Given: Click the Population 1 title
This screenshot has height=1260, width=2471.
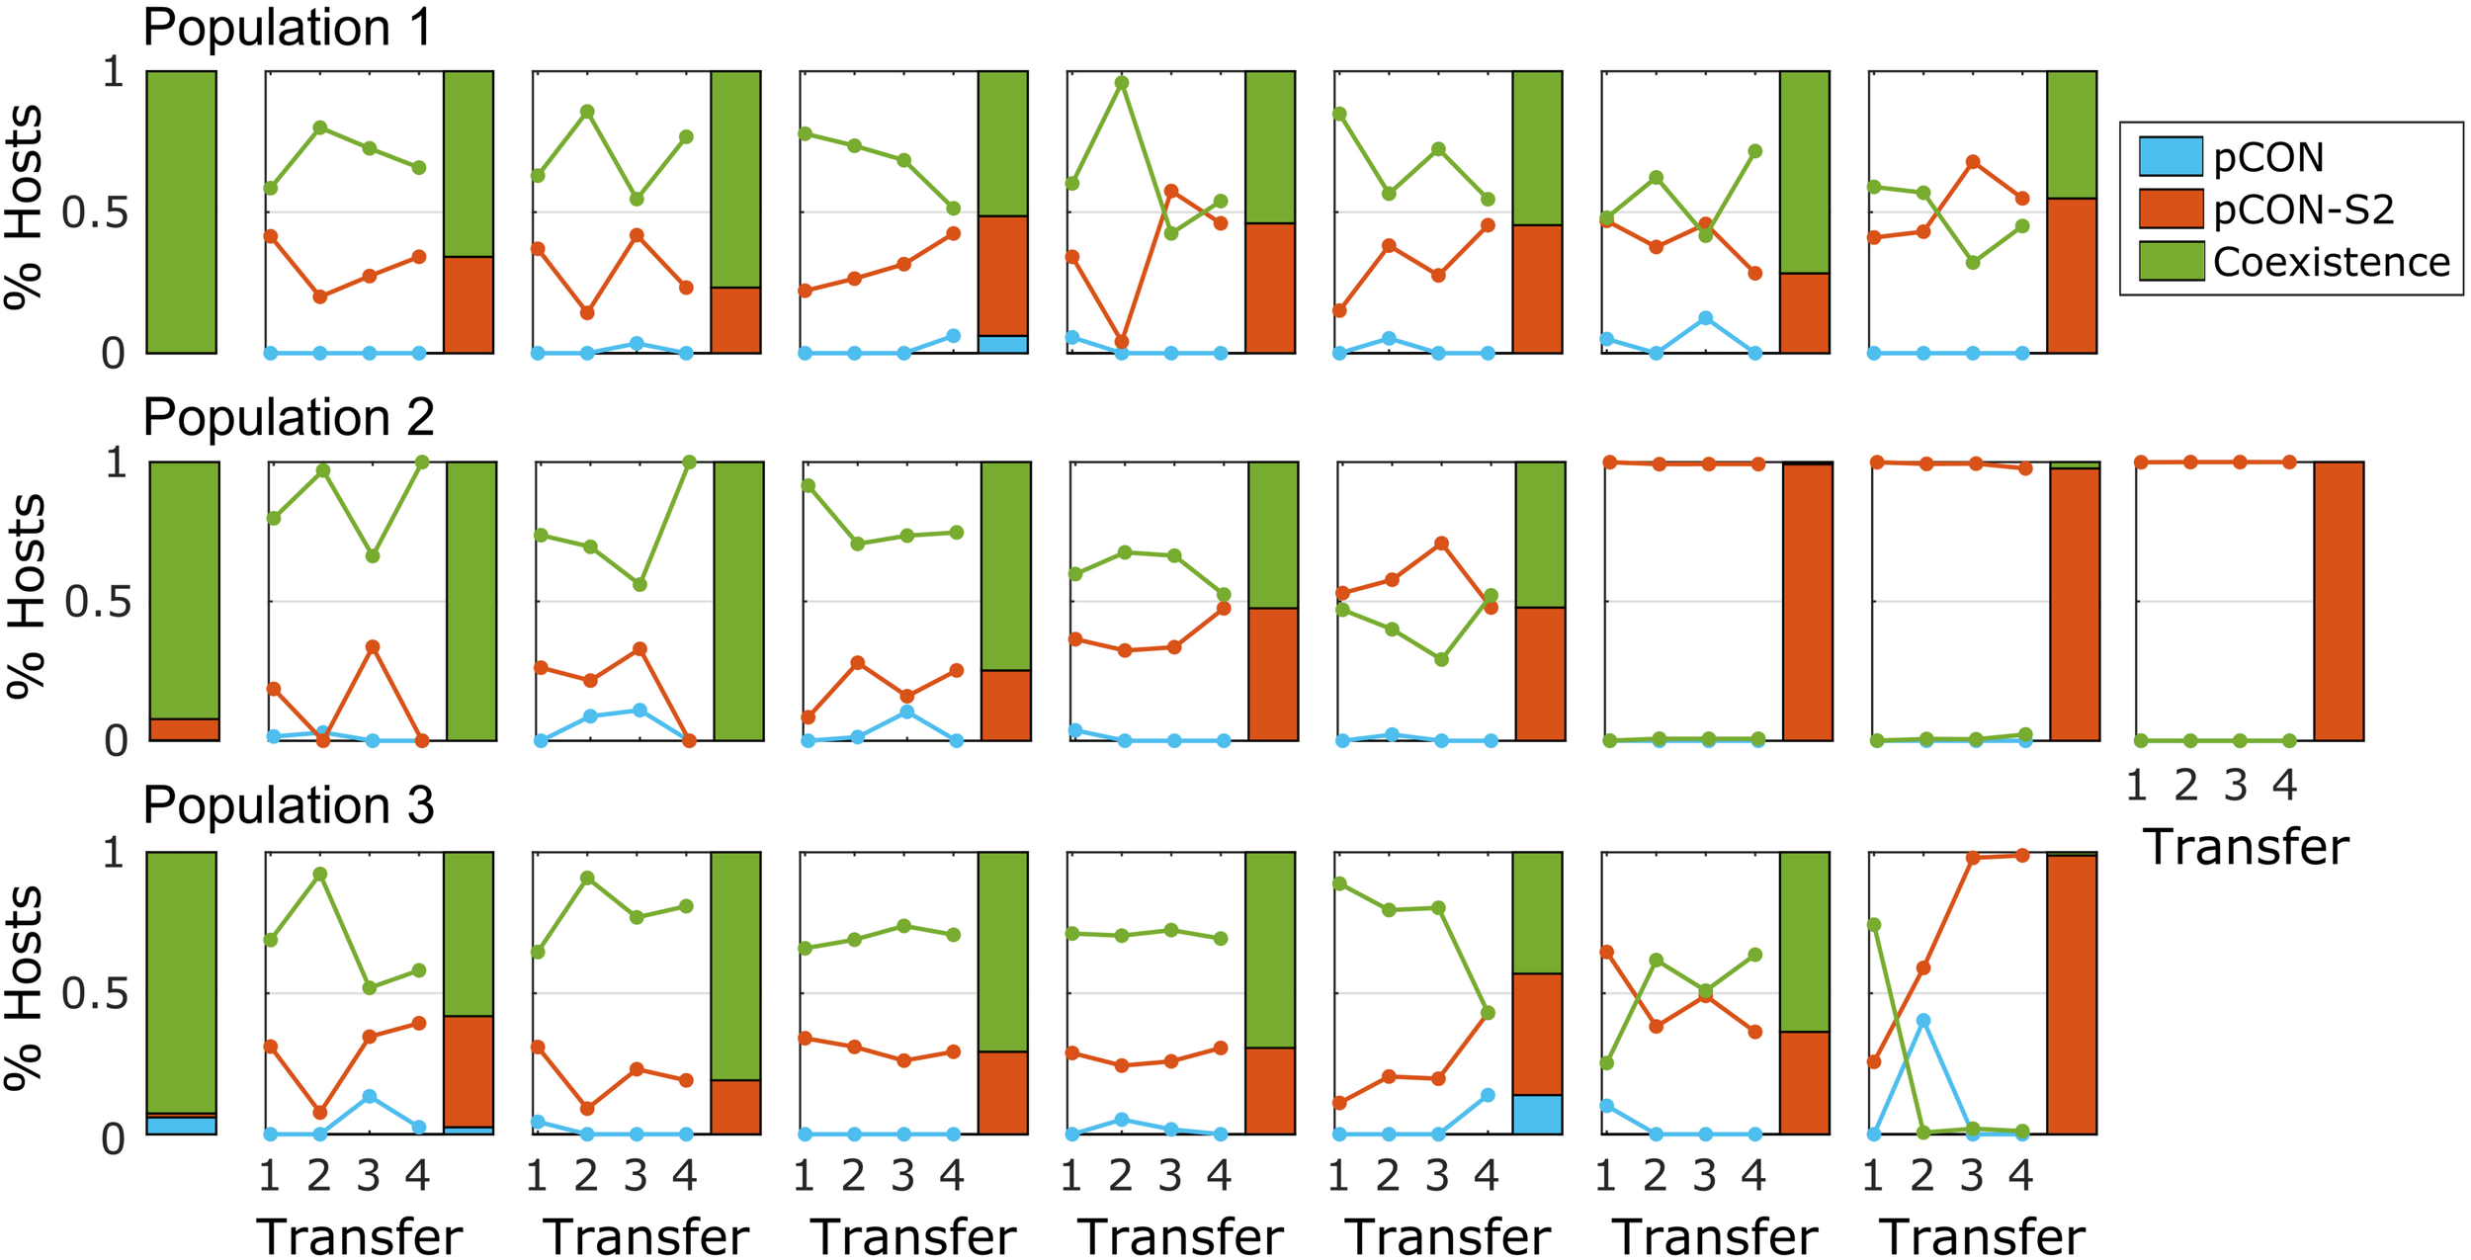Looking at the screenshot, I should tap(288, 28).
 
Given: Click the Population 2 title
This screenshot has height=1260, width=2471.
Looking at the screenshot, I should tap(288, 417).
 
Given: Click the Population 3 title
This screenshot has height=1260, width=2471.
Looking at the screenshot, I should tap(288, 805).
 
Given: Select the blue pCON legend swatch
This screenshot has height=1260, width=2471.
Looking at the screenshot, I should tap(2171, 157).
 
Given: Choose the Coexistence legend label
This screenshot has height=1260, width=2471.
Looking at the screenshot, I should tap(2331, 262).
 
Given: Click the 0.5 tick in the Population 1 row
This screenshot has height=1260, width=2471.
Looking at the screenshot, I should tap(95, 211).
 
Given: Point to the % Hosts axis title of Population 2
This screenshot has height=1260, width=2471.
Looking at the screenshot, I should tap(27, 598).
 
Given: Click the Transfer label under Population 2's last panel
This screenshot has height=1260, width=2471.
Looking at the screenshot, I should tap(2246, 847).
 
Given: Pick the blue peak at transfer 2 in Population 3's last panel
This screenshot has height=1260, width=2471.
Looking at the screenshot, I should tap(1923, 1020).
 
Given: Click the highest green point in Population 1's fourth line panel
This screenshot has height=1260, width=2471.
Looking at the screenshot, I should tap(1121, 82).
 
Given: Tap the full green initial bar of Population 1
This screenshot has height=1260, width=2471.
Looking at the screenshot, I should tap(182, 211).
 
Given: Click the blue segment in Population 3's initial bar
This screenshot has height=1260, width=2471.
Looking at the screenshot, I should tap(182, 1125).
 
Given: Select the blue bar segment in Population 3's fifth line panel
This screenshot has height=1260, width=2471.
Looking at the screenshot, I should tap(1537, 1114).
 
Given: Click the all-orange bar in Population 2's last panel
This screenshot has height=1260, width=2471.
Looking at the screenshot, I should tap(2339, 601).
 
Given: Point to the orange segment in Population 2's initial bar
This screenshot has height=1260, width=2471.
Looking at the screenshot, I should tap(184, 729).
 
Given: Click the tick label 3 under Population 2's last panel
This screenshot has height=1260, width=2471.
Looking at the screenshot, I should tap(2236, 787).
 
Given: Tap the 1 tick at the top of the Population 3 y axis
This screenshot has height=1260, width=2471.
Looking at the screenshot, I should tap(115, 852).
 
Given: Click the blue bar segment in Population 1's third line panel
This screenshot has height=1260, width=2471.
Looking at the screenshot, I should tap(1003, 344).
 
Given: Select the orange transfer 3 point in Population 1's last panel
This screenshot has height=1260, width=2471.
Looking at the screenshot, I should tap(1973, 161).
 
